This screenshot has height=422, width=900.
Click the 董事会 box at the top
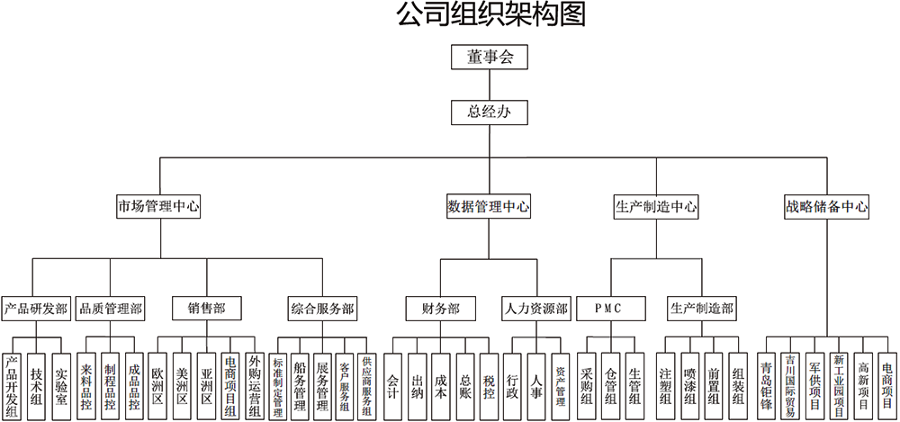pos(489,57)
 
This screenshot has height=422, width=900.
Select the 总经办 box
pos(489,112)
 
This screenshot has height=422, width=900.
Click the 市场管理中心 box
pos(158,206)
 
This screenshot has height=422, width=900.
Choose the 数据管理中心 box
pos(489,206)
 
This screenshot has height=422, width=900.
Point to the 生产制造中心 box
pos(656,206)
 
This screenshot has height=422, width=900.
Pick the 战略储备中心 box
pos(826,206)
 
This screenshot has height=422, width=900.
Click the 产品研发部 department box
pos(35,309)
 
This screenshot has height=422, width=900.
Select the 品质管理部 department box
pos(111,309)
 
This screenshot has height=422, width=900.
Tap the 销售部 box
pos(206,309)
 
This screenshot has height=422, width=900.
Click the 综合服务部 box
pos(321,309)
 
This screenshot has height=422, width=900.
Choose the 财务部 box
pos(440,309)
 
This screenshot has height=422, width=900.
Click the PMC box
pos(609,309)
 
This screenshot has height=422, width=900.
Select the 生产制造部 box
pos(701,309)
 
